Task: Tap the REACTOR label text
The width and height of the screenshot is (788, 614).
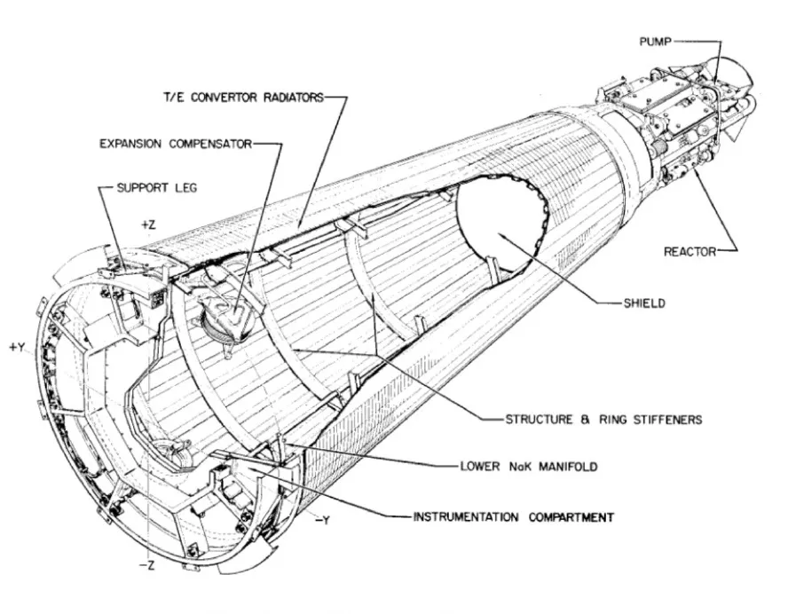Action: coord(689,252)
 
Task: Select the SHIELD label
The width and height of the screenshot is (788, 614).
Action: coord(644,303)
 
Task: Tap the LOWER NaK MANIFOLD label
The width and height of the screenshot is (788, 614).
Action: coord(531,465)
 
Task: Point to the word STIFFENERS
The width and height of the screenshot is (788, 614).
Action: coord(656,420)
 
